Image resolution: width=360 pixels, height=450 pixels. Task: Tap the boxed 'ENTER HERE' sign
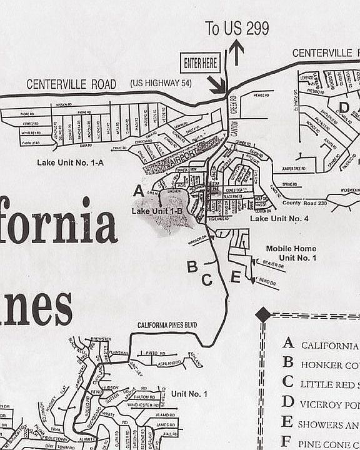pos(201,62)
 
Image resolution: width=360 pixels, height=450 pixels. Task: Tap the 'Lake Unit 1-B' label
pos(157,212)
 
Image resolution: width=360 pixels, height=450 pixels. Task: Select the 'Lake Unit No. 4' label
pos(279,219)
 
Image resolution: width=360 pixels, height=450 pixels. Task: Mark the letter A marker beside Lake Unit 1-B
pos(139,190)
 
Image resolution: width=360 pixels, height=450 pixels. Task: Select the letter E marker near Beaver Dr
pos(235,276)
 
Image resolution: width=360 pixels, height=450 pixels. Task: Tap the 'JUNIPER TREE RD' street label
pos(296,168)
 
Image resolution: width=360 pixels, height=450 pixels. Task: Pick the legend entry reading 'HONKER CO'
pos(329,365)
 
